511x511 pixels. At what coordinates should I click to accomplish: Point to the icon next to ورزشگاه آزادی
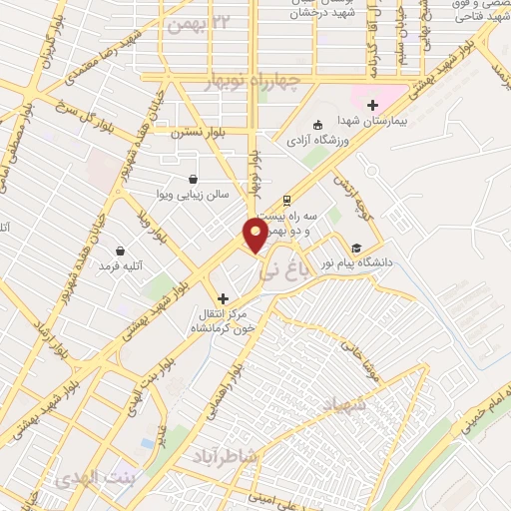point(317,125)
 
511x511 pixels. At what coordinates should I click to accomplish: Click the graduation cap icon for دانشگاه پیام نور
point(355,249)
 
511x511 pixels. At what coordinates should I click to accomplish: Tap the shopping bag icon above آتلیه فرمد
point(121,251)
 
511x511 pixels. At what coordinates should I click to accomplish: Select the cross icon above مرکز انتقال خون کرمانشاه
point(223,297)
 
